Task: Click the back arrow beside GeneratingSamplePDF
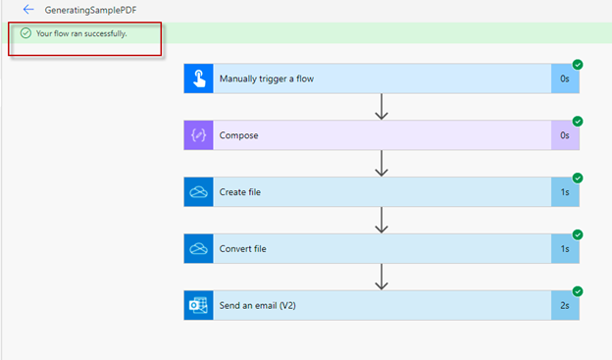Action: [x=28, y=9]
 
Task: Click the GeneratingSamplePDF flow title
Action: [x=82, y=9]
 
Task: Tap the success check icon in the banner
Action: [x=25, y=33]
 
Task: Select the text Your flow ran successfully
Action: [x=81, y=33]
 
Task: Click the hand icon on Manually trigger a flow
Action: [x=198, y=78]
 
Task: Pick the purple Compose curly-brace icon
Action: [x=198, y=135]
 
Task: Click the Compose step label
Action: [x=239, y=135]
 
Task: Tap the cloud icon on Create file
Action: [x=198, y=192]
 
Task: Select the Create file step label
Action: [x=240, y=192]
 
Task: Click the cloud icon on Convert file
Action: [x=198, y=249]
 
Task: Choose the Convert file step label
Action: [x=243, y=249]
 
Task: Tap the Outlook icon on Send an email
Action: [x=198, y=305]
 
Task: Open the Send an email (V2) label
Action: [x=258, y=305]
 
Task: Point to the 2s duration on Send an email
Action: [x=565, y=305]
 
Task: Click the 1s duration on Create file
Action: [x=565, y=192]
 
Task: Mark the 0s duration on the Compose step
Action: [x=565, y=135]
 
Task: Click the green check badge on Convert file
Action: [x=578, y=234]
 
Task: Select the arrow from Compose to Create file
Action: [x=382, y=164]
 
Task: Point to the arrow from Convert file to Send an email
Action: [x=382, y=278]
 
